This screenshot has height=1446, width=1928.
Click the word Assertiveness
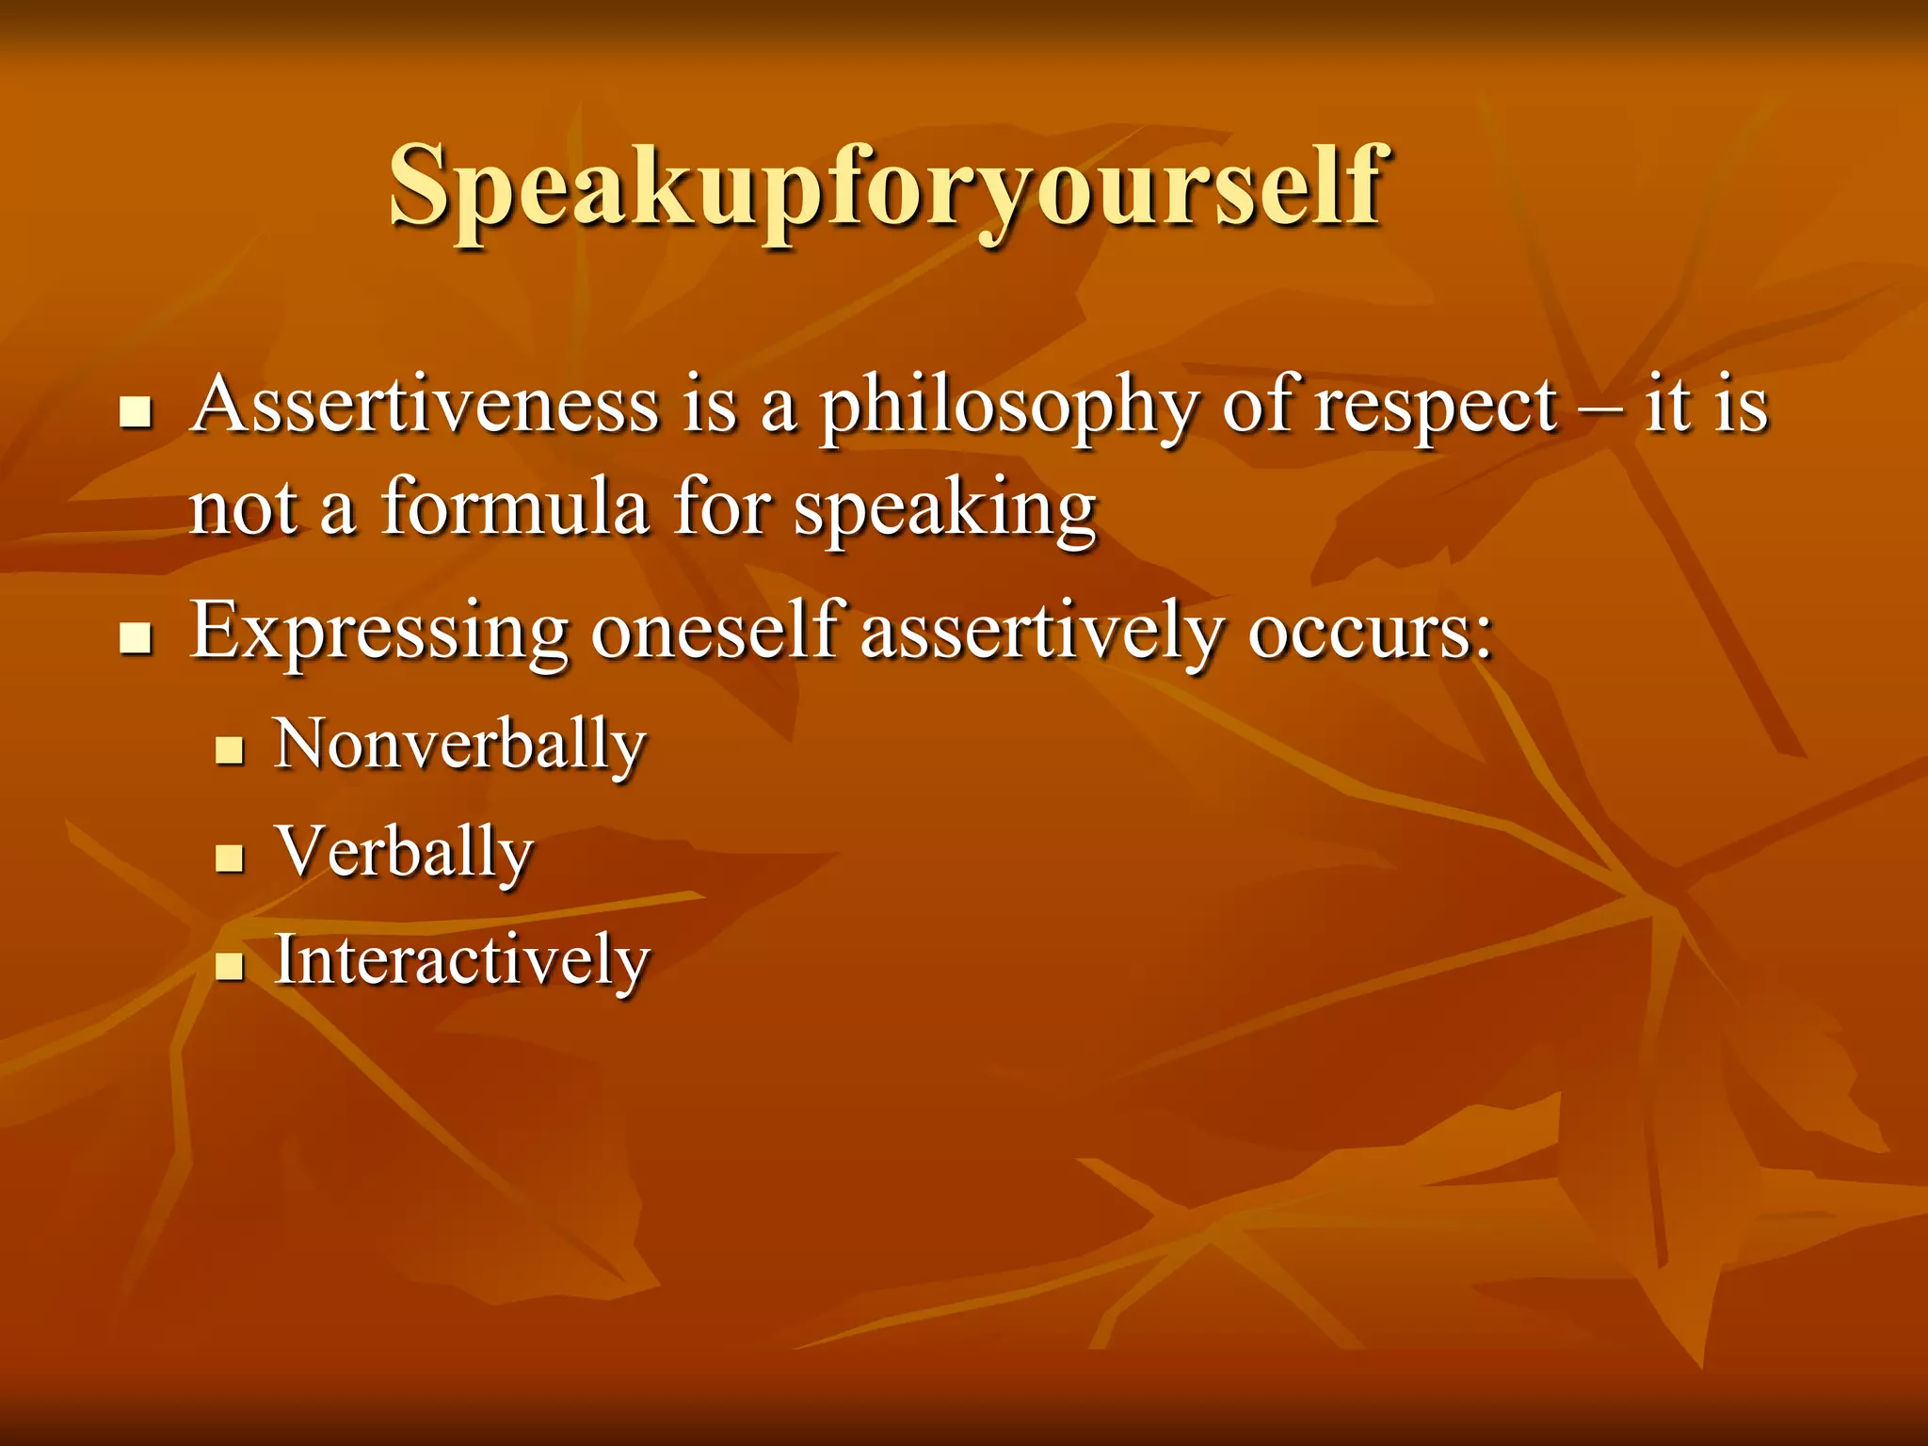click(424, 407)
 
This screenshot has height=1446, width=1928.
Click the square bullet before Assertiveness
click(137, 413)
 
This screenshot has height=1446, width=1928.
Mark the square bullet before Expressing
click(137, 637)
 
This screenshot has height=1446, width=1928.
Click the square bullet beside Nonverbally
click(230, 750)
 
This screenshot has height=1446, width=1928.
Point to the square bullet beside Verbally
click(230, 858)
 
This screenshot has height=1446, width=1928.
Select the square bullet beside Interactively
click(230, 966)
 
